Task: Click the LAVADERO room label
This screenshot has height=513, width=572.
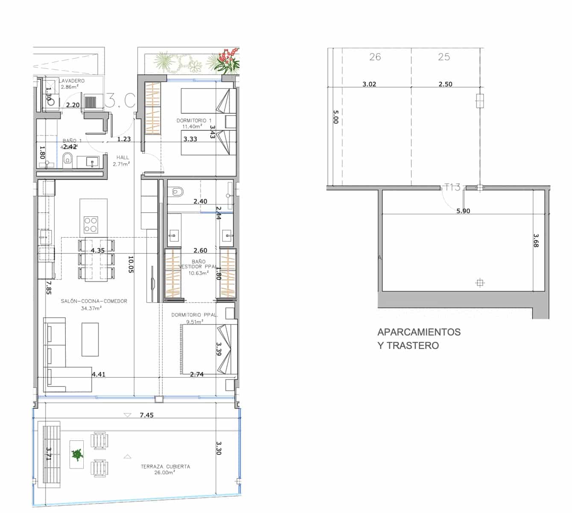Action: [72, 81]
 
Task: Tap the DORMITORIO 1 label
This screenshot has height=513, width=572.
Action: [194, 121]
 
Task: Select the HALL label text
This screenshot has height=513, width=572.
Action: [122, 158]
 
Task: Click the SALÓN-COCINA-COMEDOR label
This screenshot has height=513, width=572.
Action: [94, 301]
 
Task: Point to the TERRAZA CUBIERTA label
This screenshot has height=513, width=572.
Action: [165, 467]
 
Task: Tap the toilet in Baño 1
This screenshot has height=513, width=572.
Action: [67, 161]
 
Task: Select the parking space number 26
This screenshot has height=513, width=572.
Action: [375, 57]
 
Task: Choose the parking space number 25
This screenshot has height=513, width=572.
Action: [444, 57]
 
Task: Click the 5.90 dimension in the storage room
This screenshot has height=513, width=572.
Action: [463, 211]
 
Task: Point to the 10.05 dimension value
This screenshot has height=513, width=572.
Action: [131, 265]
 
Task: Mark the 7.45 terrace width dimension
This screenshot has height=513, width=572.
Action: [147, 415]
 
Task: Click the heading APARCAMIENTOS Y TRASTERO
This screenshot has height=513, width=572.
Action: [419, 339]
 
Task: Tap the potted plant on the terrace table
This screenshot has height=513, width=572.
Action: [77, 454]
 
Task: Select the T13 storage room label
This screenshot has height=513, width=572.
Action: [452, 187]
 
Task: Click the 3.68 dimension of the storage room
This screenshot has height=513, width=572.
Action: [536, 240]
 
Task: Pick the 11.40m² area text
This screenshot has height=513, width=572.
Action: [192, 127]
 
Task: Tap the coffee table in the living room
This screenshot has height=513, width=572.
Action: [90, 339]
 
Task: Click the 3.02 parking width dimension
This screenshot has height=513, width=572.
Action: [369, 84]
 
